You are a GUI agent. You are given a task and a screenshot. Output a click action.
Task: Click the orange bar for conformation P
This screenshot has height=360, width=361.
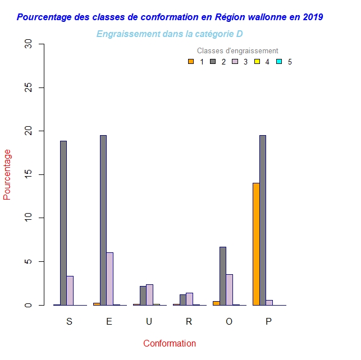pos(256,244)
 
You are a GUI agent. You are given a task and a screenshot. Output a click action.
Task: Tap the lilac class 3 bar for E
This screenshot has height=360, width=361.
pos(110,279)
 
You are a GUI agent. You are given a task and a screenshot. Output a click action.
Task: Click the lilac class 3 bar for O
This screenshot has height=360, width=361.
pos(230,289)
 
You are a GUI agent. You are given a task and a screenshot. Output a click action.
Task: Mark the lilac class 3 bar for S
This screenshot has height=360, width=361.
pos(70,290)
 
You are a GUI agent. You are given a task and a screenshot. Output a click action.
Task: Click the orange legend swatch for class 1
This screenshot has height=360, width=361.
pos(191,62)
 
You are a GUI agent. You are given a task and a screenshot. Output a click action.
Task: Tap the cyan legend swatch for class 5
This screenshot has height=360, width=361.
pos(279,62)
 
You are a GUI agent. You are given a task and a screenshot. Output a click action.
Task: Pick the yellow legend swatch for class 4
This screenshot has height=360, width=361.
pos(257,62)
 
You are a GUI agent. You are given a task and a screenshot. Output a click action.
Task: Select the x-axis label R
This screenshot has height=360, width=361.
pos(189,321)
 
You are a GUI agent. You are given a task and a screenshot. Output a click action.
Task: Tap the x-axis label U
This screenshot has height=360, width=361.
pos(149,321)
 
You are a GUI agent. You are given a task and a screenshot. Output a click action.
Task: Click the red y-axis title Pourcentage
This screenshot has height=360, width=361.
pos(7,174)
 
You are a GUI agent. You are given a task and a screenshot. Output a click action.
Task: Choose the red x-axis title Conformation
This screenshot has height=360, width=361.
pos(170,343)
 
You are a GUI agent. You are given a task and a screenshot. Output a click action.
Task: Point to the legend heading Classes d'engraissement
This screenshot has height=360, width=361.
pos(237,51)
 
